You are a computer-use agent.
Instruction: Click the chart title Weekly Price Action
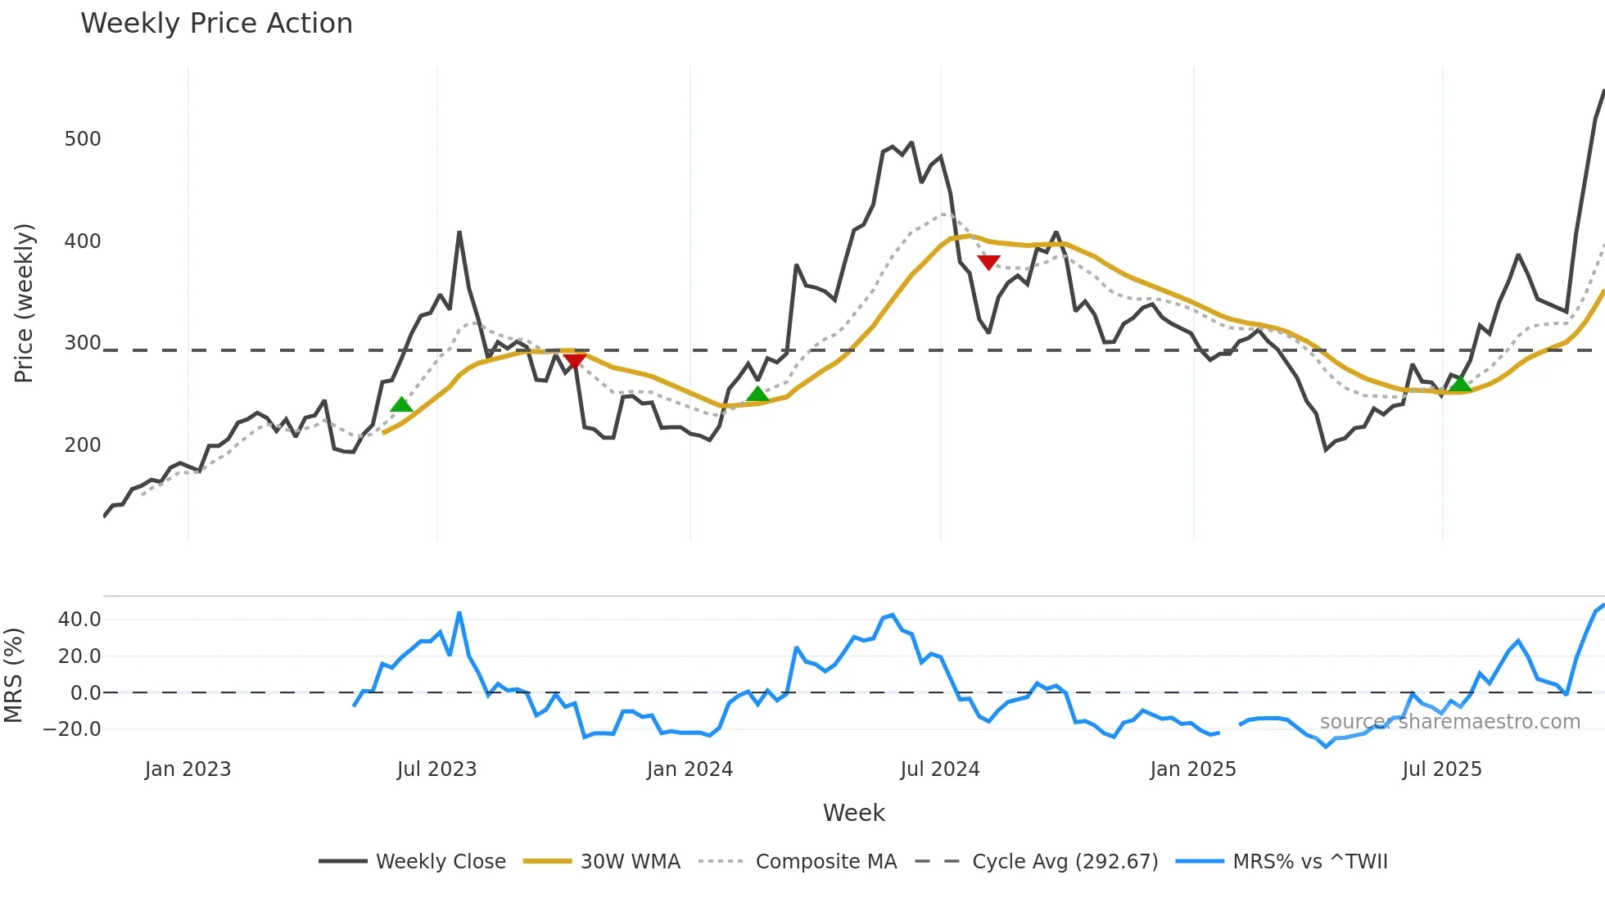coord(216,24)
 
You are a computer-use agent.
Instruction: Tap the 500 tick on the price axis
coord(83,139)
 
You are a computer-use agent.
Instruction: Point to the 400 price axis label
coord(83,241)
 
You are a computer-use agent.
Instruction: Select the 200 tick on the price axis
coord(83,445)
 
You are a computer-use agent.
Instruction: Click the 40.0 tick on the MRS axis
coord(79,620)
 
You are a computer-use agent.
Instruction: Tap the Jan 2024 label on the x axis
coord(689,769)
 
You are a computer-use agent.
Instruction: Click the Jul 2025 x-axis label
coord(1442,769)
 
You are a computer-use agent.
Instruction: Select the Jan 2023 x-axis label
coord(188,769)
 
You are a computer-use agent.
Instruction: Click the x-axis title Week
coord(853,813)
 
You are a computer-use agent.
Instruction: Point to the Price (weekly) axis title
coord(24,303)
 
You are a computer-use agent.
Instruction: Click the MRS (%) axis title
coord(13,675)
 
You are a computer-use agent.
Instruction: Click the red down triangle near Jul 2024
coord(988,262)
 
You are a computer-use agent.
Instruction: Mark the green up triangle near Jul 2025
coord(1460,384)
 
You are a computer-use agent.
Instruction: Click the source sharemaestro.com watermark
coord(1449,722)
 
